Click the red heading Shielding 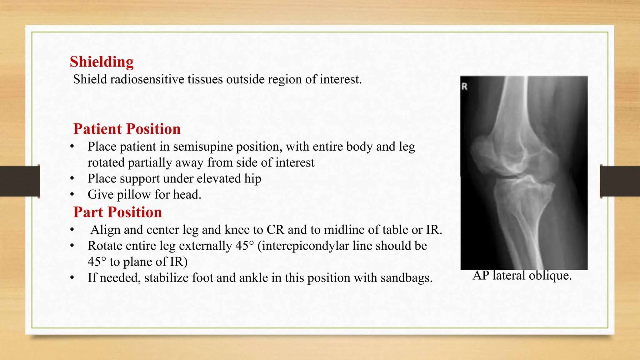coord(102,62)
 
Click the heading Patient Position coord(127,129)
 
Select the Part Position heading coord(117,212)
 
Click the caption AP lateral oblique coord(522,276)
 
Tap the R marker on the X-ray coord(464,87)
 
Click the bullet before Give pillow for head coord(72,195)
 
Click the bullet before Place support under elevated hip coord(72,179)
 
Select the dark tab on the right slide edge coord(620,181)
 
